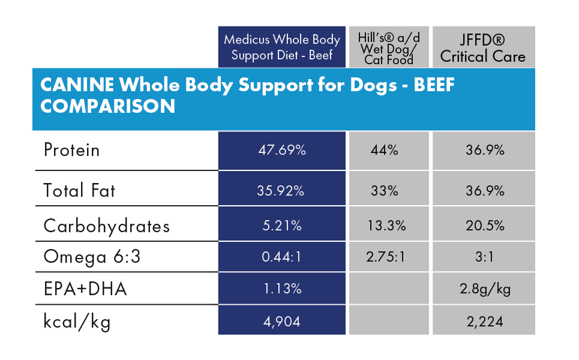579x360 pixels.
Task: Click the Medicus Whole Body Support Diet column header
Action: pyautogui.click(x=282, y=47)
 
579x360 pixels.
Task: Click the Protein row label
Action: pyautogui.click(x=71, y=150)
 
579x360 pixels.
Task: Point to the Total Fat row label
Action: pyautogui.click(x=79, y=191)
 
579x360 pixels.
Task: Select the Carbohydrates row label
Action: pyautogui.click(x=106, y=226)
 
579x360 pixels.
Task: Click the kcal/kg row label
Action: pyautogui.click(x=77, y=322)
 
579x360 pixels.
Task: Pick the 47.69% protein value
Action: pyautogui.click(x=282, y=150)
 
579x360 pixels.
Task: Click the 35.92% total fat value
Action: pyautogui.click(x=282, y=191)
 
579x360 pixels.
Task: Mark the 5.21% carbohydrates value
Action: pyautogui.click(x=282, y=226)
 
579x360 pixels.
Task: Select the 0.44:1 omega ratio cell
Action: pyautogui.click(x=282, y=257)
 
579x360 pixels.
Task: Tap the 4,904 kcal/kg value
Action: pyautogui.click(x=282, y=322)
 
